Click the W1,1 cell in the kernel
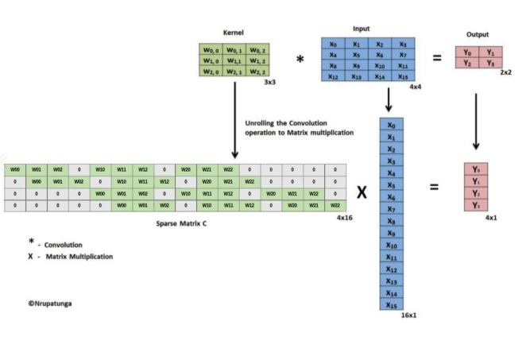(x=235, y=61)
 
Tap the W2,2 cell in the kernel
(x=259, y=72)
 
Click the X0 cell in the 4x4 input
(x=334, y=45)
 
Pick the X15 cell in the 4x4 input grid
(x=402, y=77)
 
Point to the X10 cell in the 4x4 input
(x=380, y=66)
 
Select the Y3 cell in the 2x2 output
(x=489, y=64)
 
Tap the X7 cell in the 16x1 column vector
(x=389, y=208)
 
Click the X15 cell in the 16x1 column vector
(x=389, y=304)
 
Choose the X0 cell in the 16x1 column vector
(x=389, y=125)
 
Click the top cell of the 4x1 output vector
(x=476, y=169)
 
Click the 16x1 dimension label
(x=409, y=315)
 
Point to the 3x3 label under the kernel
(x=269, y=82)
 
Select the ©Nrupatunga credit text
(x=51, y=302)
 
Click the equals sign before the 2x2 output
(x=437, y=57)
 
